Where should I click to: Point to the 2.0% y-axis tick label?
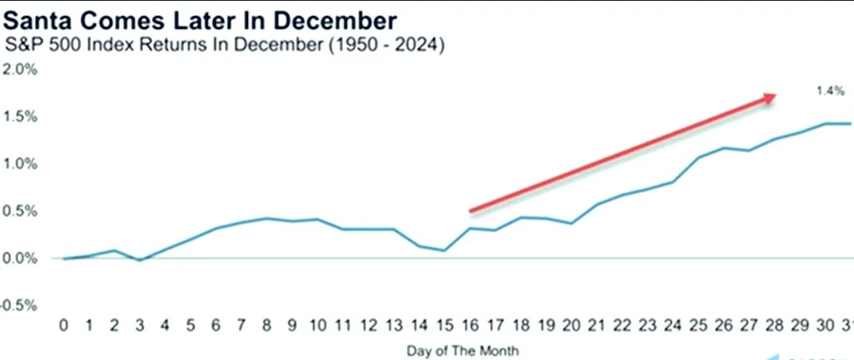(20, 70)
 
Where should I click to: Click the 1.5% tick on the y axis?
(20, 117)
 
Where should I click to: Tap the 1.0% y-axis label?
(20, 164)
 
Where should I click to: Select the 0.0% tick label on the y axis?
(20, 258)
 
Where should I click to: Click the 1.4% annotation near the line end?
(830, 92)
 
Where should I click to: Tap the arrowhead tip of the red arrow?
(776, 96)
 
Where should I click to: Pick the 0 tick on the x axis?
(65, 325)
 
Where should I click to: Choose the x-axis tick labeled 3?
(140, 325)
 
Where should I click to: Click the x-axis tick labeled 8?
(265, 325)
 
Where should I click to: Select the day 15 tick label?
(444, 325)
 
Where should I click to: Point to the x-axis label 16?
(469, 325)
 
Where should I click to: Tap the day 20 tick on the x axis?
(571, 325)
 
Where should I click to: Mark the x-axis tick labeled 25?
(698, 325)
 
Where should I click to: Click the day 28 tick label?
(774, 325)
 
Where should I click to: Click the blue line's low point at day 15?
(444, 250)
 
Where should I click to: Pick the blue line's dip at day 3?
(140, 260)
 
